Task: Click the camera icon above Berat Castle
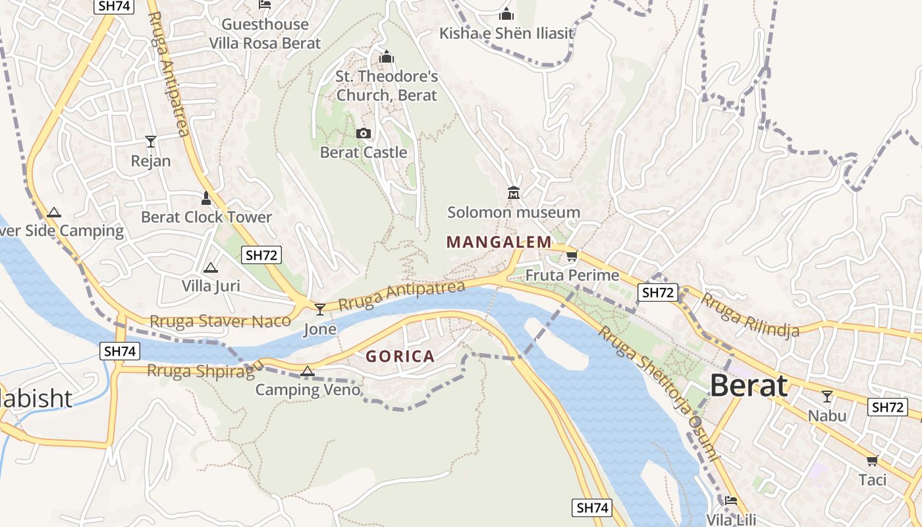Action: [x=363, y=134]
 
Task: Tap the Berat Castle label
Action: [x=364, y=153]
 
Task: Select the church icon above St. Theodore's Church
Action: [x=387, y=57]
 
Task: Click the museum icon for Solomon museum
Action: [x=514, y=193]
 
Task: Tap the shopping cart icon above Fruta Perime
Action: [x=572, y=256]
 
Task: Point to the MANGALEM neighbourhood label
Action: [x=499, y=242]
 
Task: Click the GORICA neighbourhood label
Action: [x=400, y=357]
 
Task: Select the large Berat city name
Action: [x=749, y=386]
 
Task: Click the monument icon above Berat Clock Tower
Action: [x=206, y=198]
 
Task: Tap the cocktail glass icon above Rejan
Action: [x=151, y=142]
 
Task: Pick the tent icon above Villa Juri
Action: [x=210, y=267]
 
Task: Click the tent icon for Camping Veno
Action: [x=307, y=372]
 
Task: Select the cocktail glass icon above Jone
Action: [x=320, y=309]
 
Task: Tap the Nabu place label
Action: [x=827, y=416]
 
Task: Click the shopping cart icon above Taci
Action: [x=873, y=460]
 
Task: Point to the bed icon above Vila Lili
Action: [x=731, y=501]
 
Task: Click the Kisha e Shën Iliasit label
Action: [x=506, y=33]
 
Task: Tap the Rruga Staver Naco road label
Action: [x=220, y=321]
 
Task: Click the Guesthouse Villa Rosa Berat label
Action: [x=265, y=34]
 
